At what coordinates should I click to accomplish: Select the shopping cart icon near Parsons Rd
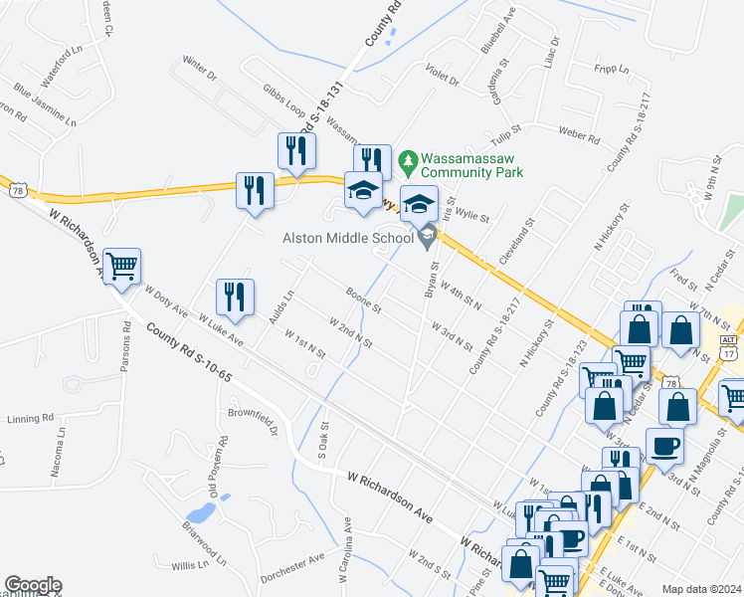tap(121, 266)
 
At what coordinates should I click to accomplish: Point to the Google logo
tap(32, 585)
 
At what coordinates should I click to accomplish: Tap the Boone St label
tap(364, 299)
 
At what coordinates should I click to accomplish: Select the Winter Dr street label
tap(199, 68)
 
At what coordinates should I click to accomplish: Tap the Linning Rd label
tap(26, 417)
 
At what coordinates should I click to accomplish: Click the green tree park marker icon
tap(407, 159)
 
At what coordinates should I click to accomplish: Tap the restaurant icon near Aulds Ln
tap(235, 296)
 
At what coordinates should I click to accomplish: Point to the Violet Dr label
tap(441, 80)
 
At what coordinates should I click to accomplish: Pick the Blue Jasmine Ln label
tap(44, 103)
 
